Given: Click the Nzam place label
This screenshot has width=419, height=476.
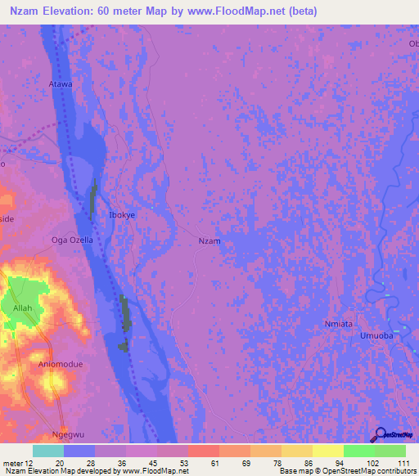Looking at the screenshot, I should pos(210,241).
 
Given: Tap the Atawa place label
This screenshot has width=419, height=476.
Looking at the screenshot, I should pos(61,84).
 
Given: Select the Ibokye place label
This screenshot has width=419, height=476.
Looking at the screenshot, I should pos(122,214).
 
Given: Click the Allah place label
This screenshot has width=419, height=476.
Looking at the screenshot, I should pos(22,308).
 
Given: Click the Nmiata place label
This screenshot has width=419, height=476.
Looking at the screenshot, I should pos(336,324).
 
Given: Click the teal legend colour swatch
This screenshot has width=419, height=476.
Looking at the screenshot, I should pos(48,451).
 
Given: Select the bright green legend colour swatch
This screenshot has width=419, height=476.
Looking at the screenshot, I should pos(358,451).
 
